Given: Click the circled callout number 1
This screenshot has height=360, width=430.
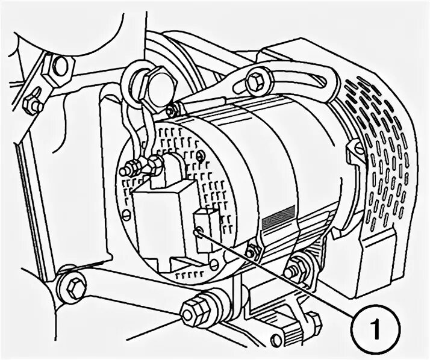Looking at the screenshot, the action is click(x=375, y=328).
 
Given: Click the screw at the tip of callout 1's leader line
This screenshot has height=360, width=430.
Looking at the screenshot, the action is click(x=199, y=230).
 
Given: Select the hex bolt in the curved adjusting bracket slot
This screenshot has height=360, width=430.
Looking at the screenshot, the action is click(x=255, y=81).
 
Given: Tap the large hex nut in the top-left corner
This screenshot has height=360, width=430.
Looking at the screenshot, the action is click(x=59, y=67).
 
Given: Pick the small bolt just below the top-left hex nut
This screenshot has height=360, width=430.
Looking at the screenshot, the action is click(x=32, y=105).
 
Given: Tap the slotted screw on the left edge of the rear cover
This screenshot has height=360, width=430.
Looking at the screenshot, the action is click(x=126, y=214).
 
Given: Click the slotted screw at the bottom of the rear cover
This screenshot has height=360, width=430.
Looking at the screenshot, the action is click(x=215, y=264).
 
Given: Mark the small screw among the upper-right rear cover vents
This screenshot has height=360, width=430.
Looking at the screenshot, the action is click(x=200, y=156).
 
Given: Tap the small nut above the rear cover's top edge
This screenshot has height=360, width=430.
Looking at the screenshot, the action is click(x=172, y=110).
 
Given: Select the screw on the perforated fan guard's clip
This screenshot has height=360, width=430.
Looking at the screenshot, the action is click(x=361, y=148).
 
